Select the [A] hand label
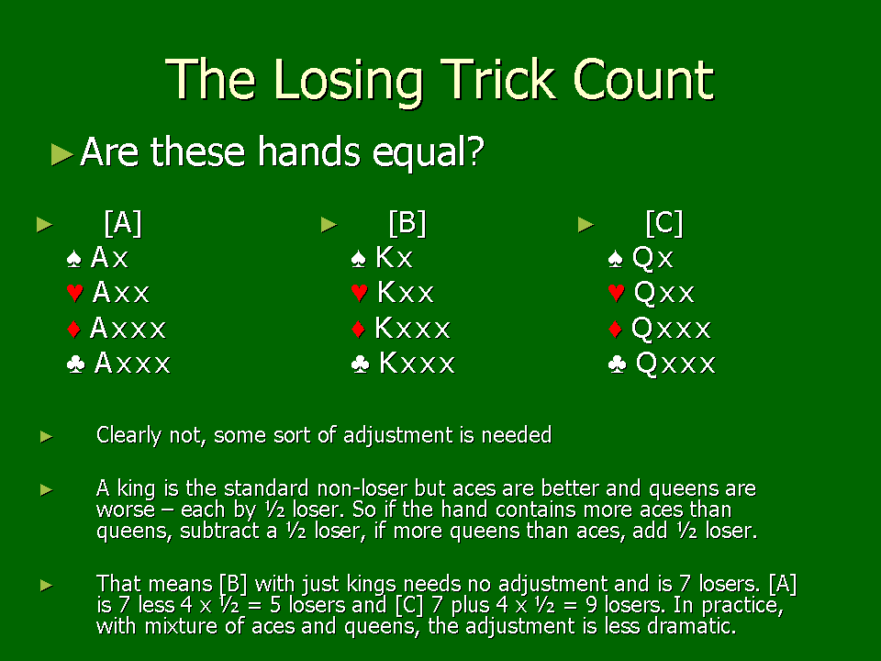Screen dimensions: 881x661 point(123,223)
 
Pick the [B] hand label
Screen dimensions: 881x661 point(407,223)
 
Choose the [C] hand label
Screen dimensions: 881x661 point(664,223)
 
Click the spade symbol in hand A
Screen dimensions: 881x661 point(74,259)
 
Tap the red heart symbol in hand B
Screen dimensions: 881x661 point(359,293)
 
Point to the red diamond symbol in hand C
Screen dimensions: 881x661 point(615,329)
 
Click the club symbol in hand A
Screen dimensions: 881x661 point(75,364)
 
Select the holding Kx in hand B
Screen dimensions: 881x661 point(395,257)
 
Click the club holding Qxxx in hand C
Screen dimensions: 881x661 point(675,364)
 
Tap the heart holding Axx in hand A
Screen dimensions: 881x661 point(121,292)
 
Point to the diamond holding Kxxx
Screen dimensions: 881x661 point(412,328)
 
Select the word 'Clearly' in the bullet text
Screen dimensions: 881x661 point(128,435)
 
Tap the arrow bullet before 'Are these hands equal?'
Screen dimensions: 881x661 point(61,154)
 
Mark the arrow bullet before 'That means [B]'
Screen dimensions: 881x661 point(47,586)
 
